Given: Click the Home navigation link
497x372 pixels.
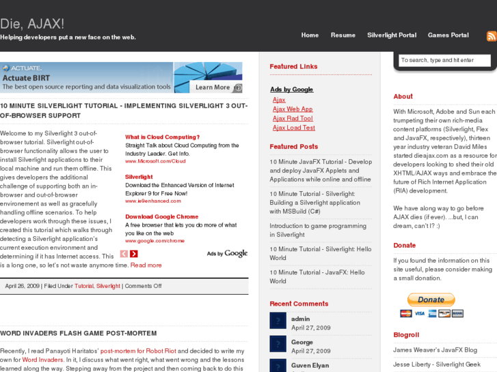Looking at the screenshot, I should click(310, 35).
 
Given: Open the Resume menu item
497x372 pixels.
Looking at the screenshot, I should click(343, 35).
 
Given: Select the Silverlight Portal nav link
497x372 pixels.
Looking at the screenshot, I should click(392, 35).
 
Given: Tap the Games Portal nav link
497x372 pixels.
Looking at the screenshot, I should click(448, 35).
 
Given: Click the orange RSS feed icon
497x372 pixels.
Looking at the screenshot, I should click(492, 36).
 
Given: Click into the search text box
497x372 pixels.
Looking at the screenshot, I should click(444, 61).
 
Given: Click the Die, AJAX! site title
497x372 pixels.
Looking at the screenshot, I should click(32, 24).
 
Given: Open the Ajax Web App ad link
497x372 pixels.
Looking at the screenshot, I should click(293, 109).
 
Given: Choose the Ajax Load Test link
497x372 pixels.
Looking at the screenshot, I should click(294, 128).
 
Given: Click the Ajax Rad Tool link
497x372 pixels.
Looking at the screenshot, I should click(293, 119).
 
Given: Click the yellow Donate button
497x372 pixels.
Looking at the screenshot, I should click(431, 300).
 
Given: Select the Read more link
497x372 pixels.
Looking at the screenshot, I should click(146, 265).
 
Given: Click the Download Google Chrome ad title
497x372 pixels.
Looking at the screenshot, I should click(161, 216).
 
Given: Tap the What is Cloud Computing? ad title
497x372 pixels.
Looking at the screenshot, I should click(162, 137).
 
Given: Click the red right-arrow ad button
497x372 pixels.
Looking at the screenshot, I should click(134, 254).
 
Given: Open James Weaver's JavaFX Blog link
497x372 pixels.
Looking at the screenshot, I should click(435, 349).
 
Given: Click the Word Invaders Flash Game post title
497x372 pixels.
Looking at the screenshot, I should click(79, 334).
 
